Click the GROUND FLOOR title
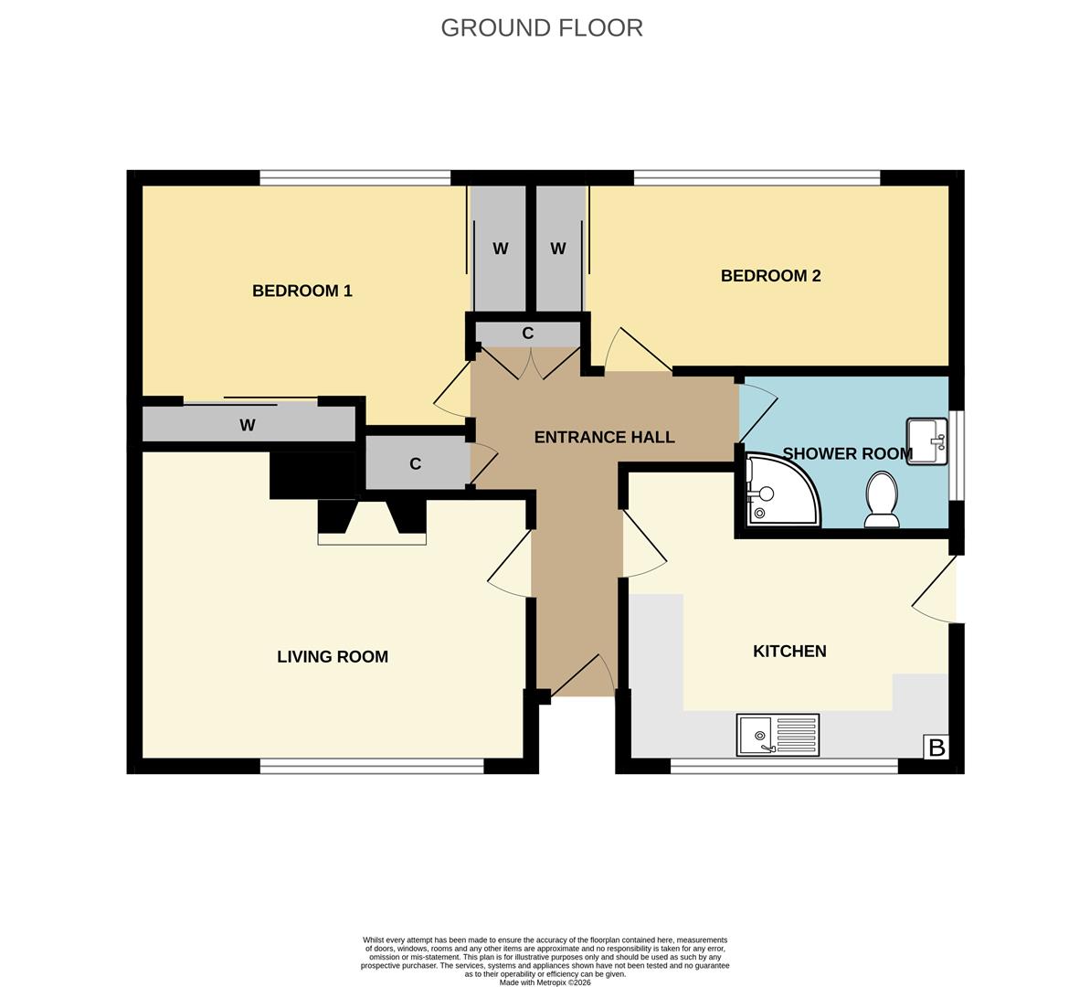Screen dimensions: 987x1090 tap(542, 27)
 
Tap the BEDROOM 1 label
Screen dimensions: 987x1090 tap(302, 291)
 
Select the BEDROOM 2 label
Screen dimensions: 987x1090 tap(770, 276)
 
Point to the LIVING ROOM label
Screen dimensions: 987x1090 tap(333, 656)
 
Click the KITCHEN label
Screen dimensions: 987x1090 tap(789, 651)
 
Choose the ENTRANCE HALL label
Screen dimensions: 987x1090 tap(604, 437)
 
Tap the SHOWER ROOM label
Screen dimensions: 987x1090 tap(847, 453)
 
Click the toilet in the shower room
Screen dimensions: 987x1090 tap(882, 500)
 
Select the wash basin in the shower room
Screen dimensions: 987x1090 tap(926, 441)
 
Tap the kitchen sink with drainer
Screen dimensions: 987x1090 tap(778, 736)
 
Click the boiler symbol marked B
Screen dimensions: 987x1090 tap(937, 748)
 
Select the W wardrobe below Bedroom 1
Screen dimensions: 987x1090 tap(248, 425)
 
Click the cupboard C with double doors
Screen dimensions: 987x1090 tap(527, 334)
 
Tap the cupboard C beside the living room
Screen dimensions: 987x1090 tap(416, 463)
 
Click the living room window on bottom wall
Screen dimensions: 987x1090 tap(372, 766)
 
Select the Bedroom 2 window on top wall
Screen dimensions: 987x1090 tap(757, 177)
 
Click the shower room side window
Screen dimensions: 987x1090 tap(956, 454)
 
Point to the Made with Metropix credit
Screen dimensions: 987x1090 tap(545, 982)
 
